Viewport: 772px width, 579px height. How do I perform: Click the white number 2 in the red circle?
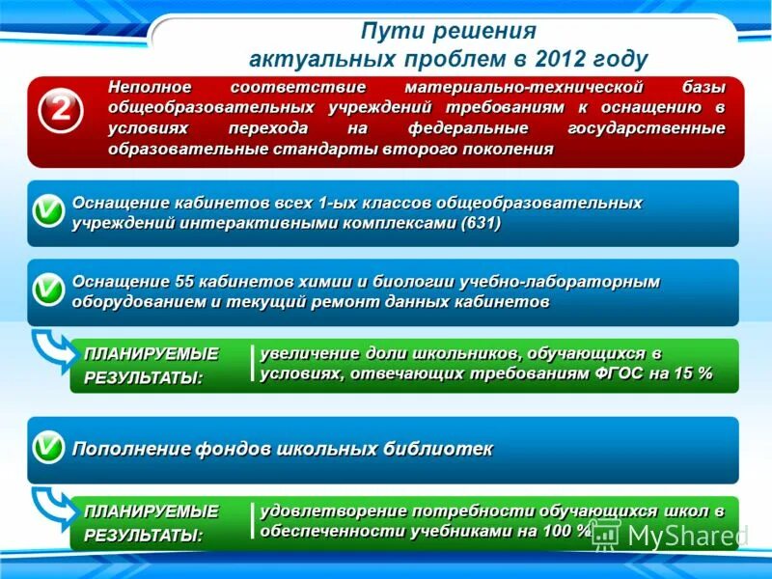coord(59,112)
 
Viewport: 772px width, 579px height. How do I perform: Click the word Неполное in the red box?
coord(143,87)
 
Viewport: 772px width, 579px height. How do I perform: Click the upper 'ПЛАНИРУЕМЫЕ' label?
coord(151,353)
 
